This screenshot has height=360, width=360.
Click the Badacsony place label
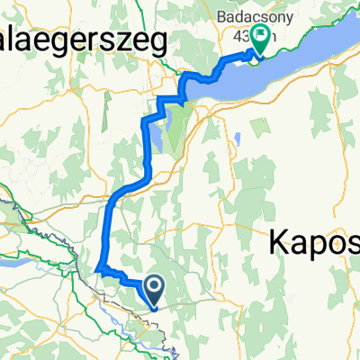(x=259, y=15)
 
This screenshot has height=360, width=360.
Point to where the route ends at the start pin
(x=153, y=304)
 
